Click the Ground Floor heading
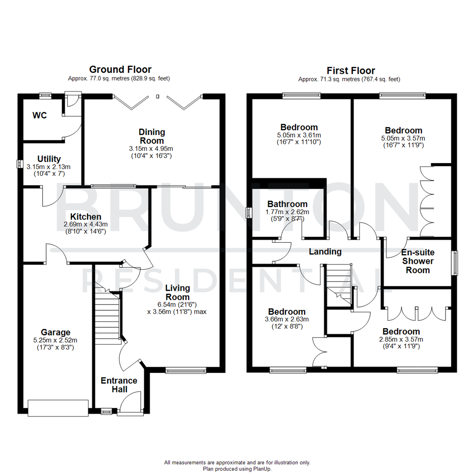[120, 69]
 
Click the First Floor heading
[351, 70]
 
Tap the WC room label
[40, 116]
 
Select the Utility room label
[49, 159]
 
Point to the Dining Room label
[152, 136]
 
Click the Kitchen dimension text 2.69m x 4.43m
[86, 224]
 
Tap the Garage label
[56, 332]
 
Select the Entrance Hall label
[119, 385]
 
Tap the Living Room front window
[186, 371]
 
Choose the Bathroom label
[287, 204]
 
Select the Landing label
[325, 252]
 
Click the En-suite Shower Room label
[417, 261]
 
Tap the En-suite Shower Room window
[455, 263]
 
